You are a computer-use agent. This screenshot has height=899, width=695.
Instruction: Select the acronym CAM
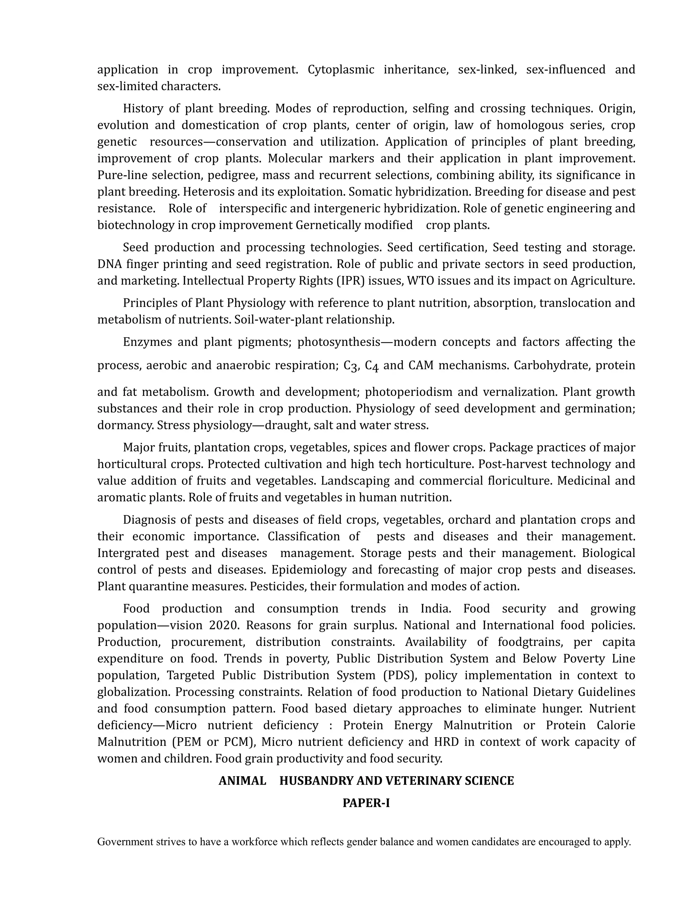click(421, 365)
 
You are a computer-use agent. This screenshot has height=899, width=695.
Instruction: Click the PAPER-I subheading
click(366, 803)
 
